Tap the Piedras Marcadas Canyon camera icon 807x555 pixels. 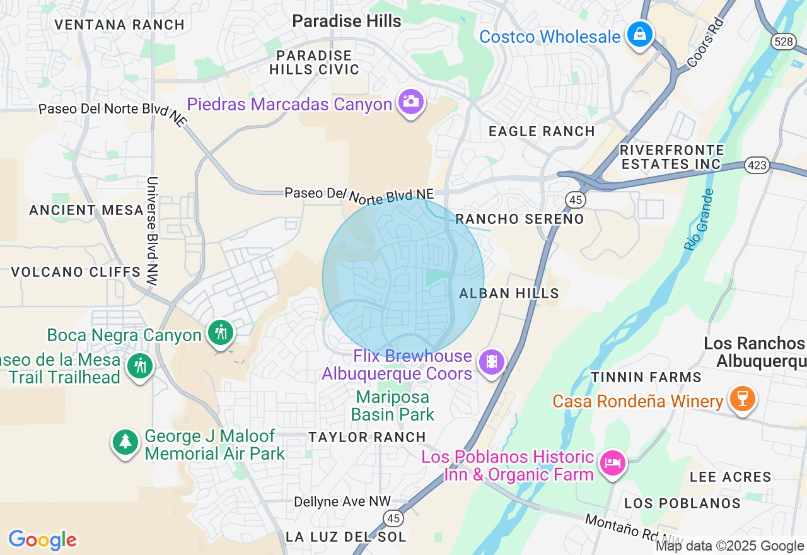[410, 102]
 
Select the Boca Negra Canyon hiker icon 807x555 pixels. [221, 332]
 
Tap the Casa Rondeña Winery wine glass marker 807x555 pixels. [742, 399]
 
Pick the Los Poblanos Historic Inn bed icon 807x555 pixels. [612, 463]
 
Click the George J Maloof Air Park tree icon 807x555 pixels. [125, 441]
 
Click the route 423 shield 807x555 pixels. [756, 165]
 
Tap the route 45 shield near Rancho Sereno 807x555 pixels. [575, 200]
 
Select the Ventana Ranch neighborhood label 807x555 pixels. [119, 25]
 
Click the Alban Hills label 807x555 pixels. [509, 293]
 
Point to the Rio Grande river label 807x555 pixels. [699, 219]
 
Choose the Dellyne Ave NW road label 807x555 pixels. [342, 502]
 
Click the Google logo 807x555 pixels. [42, 540]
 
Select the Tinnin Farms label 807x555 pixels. [646, 377]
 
